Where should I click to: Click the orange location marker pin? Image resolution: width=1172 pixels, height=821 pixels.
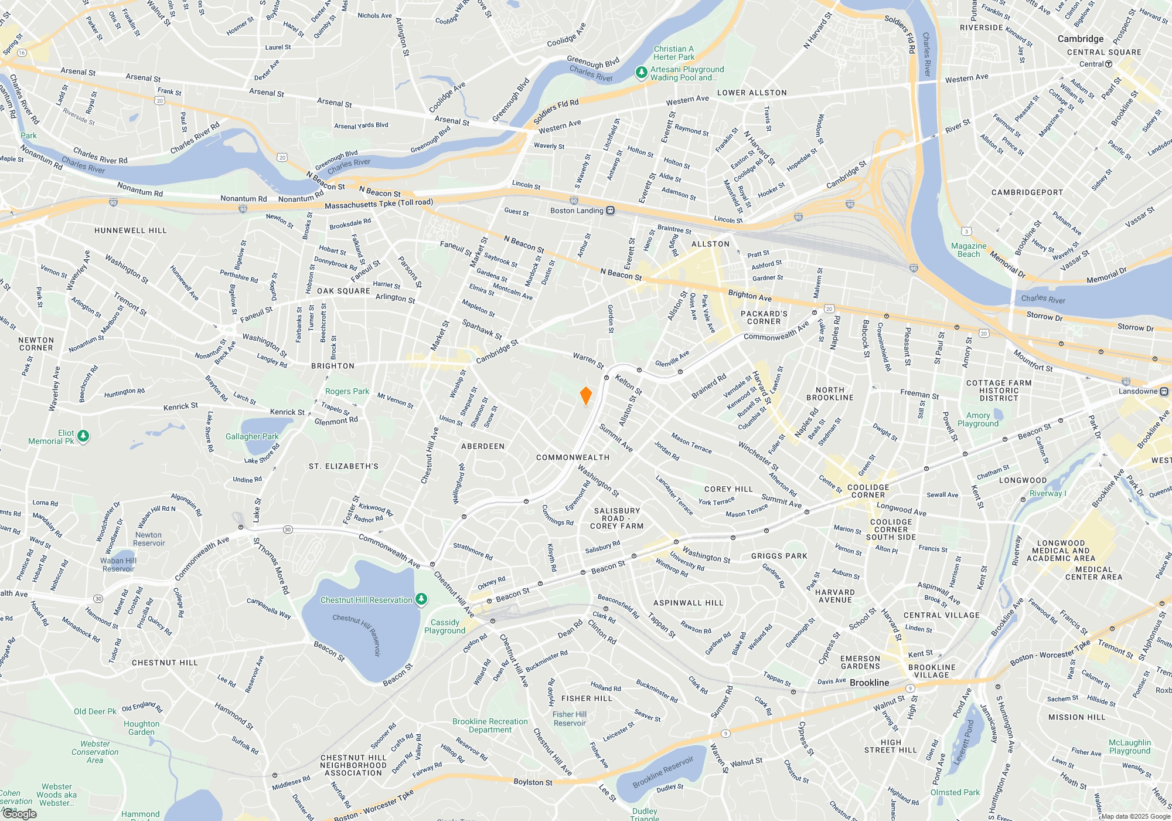point(585,395)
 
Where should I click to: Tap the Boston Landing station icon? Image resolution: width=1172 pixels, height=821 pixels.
point(610,211)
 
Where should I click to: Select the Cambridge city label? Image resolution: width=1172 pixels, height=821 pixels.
point(1080,39)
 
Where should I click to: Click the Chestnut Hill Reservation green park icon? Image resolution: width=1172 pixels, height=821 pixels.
point(421,599)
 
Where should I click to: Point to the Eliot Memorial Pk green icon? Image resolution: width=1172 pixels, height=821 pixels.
point(83,436)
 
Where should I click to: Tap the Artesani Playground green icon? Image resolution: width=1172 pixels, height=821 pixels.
point(642,73)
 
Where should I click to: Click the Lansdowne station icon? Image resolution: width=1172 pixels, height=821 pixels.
point(1164,391)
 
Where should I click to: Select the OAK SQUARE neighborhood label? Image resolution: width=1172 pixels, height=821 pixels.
point(343,291)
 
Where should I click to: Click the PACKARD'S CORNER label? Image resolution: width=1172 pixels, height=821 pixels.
point(764,317)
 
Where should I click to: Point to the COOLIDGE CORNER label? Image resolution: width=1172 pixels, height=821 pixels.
point(868,491)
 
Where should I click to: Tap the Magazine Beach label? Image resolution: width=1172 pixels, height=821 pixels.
point(968,250)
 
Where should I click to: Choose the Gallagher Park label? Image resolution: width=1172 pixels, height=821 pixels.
point(252,436)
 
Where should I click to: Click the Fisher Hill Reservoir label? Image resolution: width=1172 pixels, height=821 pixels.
point(570,718)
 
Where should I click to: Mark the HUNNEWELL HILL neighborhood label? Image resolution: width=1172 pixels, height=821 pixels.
point(131,230)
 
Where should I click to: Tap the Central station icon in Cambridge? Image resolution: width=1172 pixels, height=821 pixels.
point(1108,64)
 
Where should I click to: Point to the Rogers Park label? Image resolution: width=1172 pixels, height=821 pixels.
point(347,391)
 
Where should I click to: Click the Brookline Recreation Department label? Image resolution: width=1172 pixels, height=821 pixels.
point(490,725)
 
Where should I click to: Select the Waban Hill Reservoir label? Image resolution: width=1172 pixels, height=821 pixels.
point(118,564)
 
